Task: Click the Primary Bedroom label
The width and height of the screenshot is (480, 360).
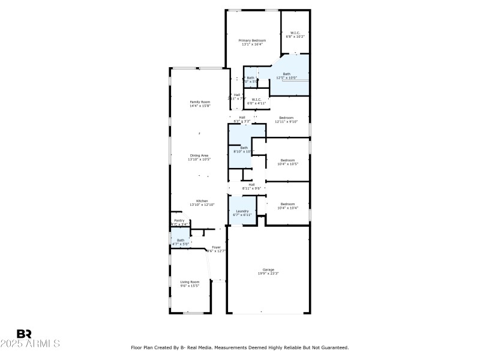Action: (x=253, y=40)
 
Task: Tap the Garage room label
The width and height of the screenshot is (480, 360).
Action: (x=268, y=269)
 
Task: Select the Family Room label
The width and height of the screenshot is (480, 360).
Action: (x=200, y=102)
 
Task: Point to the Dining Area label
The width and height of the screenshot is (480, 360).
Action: (x=199, y=155)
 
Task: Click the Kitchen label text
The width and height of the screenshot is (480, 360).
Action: (x=202, y=200)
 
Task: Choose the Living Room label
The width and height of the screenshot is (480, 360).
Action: (x=190, y=281)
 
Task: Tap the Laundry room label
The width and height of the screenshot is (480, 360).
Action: (x=242, y=211)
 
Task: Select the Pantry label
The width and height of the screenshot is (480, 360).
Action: (x=179, y=221)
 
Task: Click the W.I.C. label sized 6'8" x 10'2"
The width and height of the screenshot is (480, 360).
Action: (x=295, y=33)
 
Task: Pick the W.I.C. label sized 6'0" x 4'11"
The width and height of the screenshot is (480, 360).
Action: (x=256, y=100)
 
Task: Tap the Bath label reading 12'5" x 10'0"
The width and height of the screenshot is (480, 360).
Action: (x=287, y=74)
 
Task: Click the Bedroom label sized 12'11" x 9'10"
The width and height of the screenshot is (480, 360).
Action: (x=286, y=118)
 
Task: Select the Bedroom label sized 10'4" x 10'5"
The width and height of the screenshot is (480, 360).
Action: (x=288, y=160)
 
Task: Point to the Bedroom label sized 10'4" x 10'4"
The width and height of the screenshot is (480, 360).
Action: (x=288, y=204)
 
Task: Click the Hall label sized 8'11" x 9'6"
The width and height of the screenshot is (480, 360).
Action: (x=252, y=184)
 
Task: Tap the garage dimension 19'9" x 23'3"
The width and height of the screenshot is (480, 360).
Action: (x=268, y=273)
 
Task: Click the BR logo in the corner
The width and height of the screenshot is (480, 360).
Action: (x=24, y=334)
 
